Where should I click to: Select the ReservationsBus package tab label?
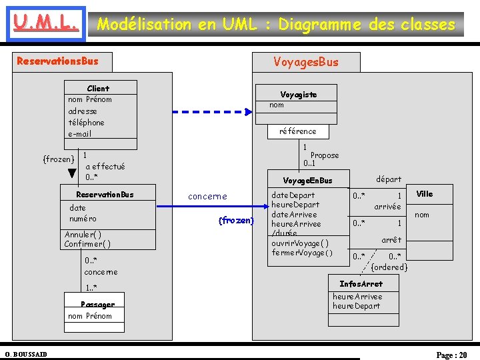pyautogui.click(x=57, y=61)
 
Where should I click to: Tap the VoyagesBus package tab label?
pyautogui.click(x=306, y=62)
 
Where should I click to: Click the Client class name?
pyautogui.click(x=98, y=88)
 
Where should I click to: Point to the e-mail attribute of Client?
pyautogui.click(x=80, y=134)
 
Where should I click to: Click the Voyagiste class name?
pyautogui.click(x=298, y=95)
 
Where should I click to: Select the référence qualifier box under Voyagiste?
pyautogui.click(x=298, y=131)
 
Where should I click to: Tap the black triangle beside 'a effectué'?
pyautogui.click(x=72, y=174)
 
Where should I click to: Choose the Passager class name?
pyautogui.click(x=97, y=305)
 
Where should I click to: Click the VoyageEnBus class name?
pyautogui.click(x=307, y=181)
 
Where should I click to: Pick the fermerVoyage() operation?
pyautogui.click(x=302, y=253)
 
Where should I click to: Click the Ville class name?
pyautogui.click(x=425, y=194)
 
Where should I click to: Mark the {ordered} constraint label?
pyautogui.click(x=389, y=267)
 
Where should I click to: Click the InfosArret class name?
pyautogui.click(x=361, y=284)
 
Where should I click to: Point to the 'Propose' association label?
pyautogui.click(x=325, y=155)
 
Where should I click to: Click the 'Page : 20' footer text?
pyautogui.click(x=451, y=355)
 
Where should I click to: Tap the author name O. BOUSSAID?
pyautogui.click(x=25, y=354)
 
